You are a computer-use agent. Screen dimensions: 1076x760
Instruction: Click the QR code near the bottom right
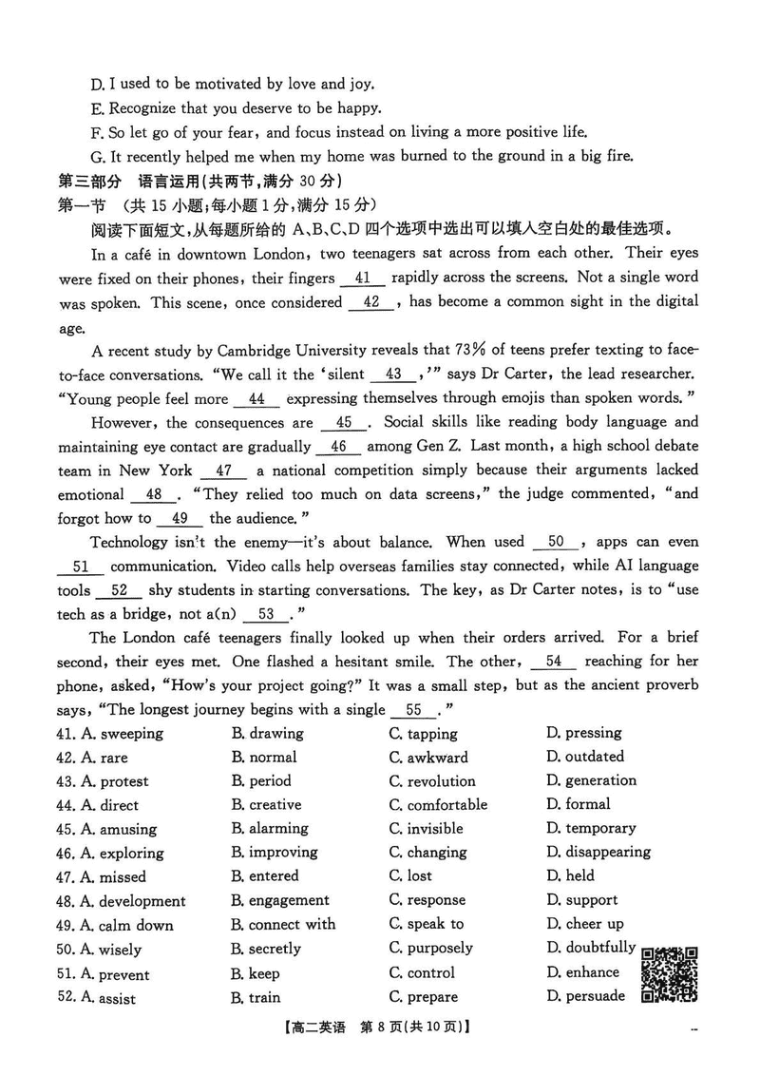click(670, 974)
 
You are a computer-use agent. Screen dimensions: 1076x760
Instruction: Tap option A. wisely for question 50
click(111, 950)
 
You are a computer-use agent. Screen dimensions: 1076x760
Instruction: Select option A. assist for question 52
click(108, 998)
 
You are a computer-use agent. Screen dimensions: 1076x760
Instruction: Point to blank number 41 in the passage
click(361, 279)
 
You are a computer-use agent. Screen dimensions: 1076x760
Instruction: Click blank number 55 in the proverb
click(414, 710)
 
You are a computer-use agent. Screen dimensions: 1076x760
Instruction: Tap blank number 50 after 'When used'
click(557, 543)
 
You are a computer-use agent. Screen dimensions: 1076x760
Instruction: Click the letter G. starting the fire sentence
click(97, 157)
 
